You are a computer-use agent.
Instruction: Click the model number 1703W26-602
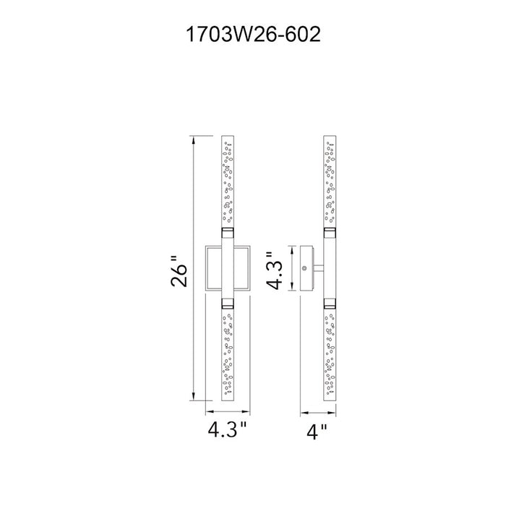click(253, 34)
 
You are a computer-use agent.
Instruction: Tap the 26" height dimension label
click(179, 271)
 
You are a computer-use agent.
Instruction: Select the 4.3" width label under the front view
click(227, 430)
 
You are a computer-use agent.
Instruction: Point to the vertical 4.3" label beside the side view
click(274, 271)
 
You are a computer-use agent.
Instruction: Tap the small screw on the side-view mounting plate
click(304, 268)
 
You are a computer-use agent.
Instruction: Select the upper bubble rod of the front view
click(228, 181)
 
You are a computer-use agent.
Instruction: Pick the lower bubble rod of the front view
click(228, 354)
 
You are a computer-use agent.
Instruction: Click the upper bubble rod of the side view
click(330, 181)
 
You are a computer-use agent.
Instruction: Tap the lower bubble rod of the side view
click(330, 354)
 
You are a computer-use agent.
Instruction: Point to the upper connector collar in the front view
click(228, 233)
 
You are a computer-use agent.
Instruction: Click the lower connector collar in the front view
click(228, 303)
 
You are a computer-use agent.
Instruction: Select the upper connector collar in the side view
click(330, 233)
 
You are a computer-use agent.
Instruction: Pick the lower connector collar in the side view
click(330, 303)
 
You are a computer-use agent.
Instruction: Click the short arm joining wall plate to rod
click(319, 268)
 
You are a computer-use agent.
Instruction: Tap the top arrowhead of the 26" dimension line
click(193, 140)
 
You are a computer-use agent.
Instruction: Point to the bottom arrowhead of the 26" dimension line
click(193, 397)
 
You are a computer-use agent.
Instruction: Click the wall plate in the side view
click(307, 268)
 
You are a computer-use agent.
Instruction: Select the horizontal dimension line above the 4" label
click(318, 412)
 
